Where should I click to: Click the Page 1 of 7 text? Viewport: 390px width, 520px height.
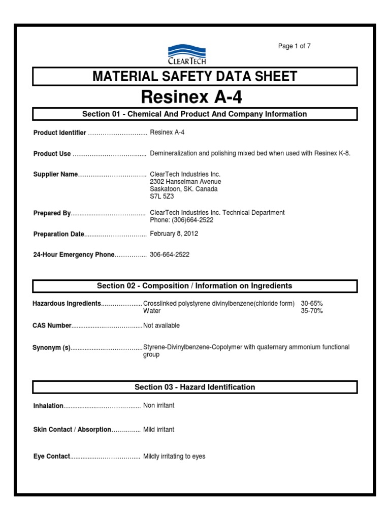coord(294,46)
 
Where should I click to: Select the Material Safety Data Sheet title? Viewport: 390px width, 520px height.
coord(195,77)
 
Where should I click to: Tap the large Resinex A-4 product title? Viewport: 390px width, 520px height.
coord(195,96)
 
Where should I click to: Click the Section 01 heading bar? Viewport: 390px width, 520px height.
coord(195,114)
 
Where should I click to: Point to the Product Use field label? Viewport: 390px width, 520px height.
coord(52,154)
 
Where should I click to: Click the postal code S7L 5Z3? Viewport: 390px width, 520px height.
coord(162,196)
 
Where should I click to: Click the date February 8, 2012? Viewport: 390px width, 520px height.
coord(174,234)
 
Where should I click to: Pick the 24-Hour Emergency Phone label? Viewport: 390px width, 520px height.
coord(74,255)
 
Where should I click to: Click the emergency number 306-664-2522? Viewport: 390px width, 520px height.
coord(170,255)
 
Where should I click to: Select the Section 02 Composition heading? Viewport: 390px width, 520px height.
coord(195,286)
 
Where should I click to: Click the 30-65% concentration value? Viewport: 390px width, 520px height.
coord(312,304)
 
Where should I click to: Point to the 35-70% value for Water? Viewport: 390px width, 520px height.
coord(312,311)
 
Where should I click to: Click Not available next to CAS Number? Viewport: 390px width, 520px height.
coord(161,326)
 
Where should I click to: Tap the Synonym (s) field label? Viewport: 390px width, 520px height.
coord(52,348)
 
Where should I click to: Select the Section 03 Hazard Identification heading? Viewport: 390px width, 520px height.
coord(195,387)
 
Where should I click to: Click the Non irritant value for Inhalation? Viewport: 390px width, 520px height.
coord(159,406)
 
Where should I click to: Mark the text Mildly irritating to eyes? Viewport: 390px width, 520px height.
coord(174,457)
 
